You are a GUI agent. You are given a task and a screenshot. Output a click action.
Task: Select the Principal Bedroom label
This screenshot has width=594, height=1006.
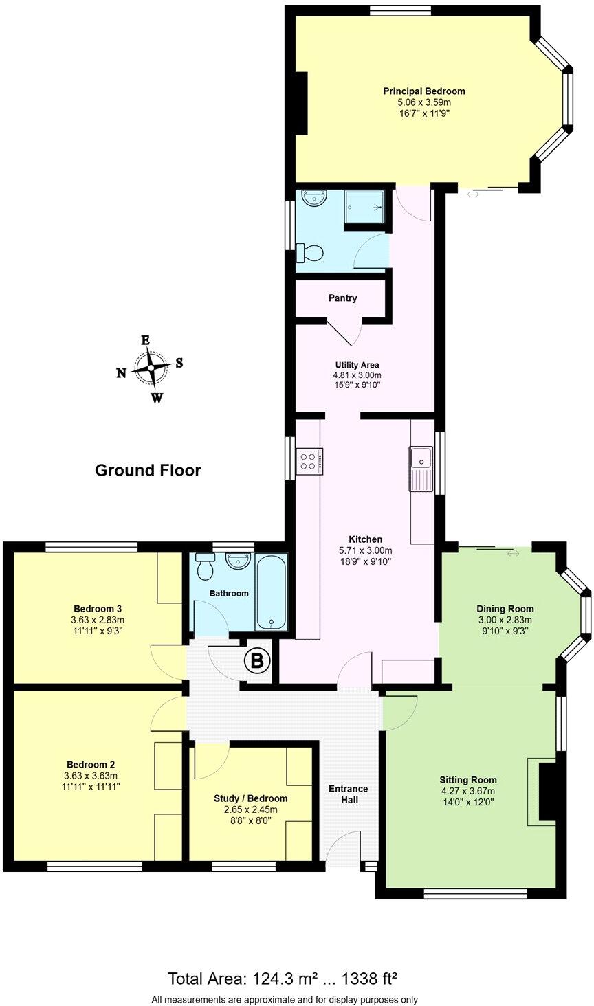coord(424,91)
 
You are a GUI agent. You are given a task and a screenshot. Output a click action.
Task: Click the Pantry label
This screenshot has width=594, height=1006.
coord(342,298)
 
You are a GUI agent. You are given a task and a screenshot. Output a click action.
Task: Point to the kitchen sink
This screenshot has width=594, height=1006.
coord(419,458)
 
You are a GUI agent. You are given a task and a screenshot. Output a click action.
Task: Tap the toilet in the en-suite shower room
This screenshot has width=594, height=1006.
coord(309,253)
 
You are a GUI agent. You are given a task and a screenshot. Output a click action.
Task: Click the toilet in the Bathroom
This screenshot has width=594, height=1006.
coord(205,568)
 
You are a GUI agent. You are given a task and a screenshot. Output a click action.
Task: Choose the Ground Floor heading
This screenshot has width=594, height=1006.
coord(148,471)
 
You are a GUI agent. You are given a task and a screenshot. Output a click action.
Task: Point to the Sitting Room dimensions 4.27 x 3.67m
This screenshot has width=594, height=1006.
coord(468,791)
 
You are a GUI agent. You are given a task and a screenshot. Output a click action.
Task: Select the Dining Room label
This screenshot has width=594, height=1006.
coord(505,609)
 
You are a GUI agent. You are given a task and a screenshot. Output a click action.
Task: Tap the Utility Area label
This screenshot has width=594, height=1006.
coord(357,365)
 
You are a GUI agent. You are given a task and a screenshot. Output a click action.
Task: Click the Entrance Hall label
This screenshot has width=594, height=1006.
coord(348,794)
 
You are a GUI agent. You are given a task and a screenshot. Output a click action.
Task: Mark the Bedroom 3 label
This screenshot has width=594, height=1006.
coord(98,609)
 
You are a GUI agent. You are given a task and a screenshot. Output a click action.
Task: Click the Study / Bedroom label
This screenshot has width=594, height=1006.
coord(251,798)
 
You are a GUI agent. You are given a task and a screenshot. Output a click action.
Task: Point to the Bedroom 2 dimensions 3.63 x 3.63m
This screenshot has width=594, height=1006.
coord(91,776)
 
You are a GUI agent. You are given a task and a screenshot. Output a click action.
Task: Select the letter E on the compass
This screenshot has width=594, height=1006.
coord(145,340)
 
